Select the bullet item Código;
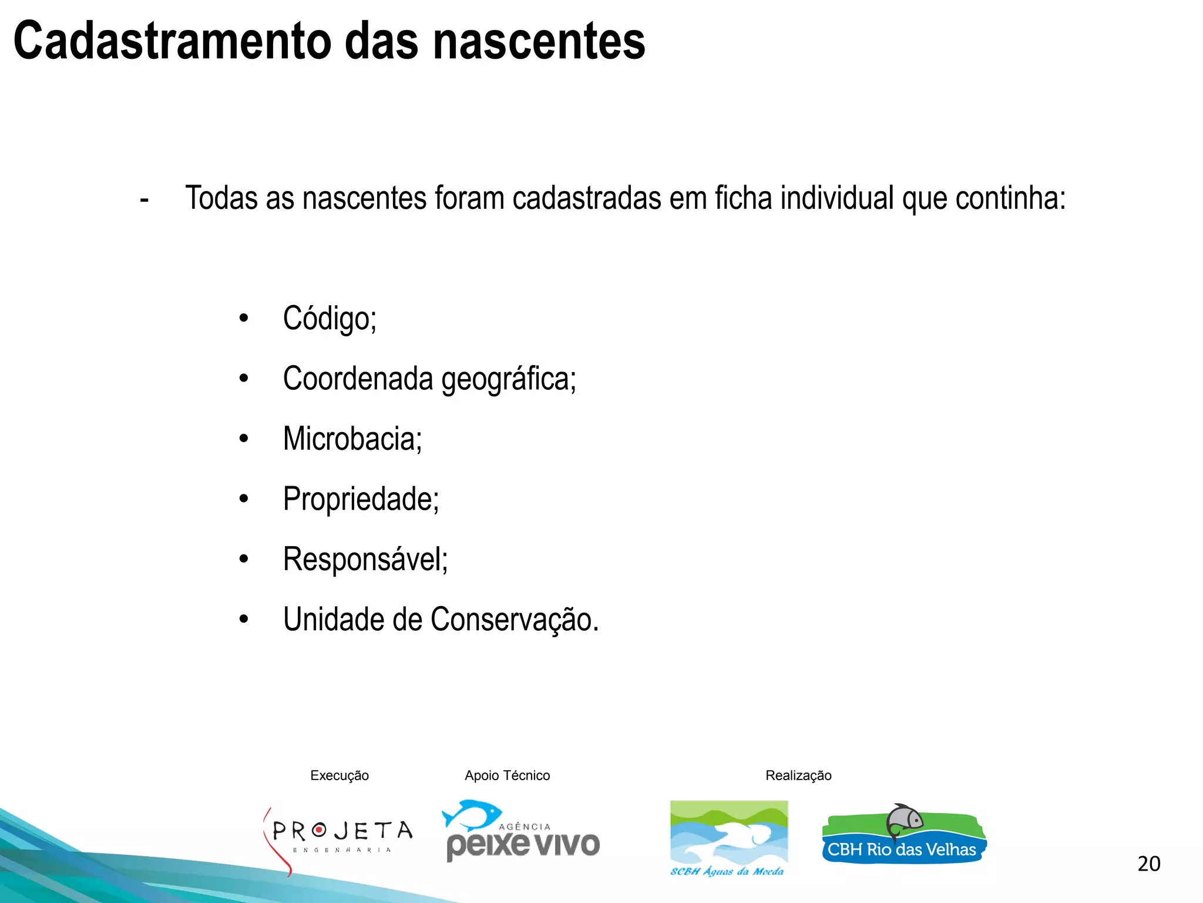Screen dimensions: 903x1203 [x=329, y=319]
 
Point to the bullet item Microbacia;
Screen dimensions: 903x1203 [x=352, y=439]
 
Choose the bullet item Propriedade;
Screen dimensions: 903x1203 [x=361, y=500]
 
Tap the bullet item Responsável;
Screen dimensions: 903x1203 [x=365, y=560]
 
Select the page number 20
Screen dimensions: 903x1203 [x=1148, y=864]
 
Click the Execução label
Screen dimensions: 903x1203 [x=340, y=775]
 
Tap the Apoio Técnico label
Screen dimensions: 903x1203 [x=507, y=775]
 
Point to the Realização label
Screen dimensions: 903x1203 [x=798, y=775]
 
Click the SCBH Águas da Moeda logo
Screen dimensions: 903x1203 [x=728, y=838]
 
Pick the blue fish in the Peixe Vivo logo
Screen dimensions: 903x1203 [x=472, y=815]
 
